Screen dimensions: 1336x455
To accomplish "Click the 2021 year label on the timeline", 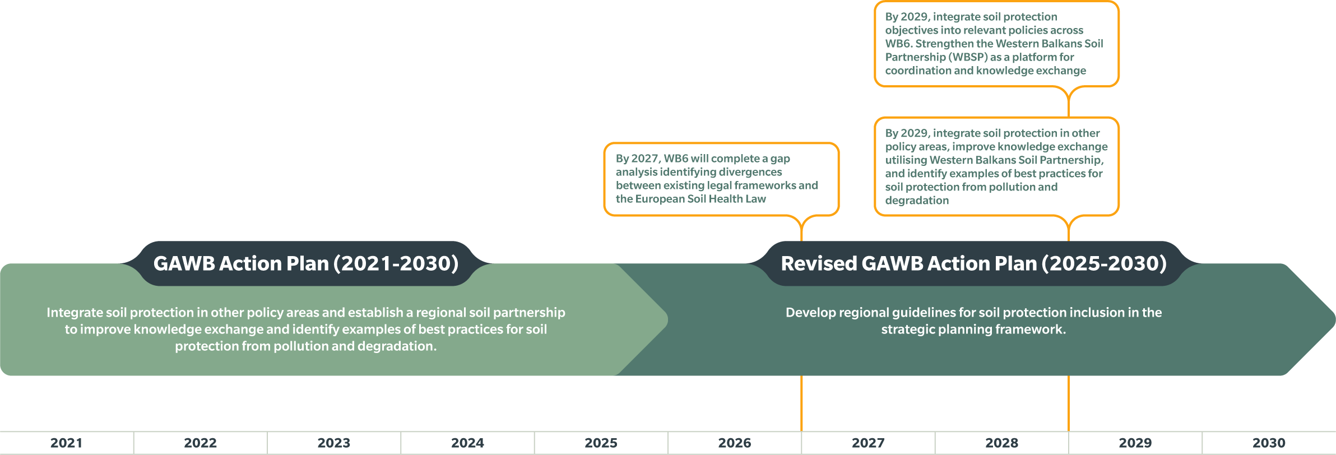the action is coord(66,443).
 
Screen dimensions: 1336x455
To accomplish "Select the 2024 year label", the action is coord(467,443).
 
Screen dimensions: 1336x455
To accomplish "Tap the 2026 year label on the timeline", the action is coord(735,443).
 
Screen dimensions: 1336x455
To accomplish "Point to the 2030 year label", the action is coord(1269,443).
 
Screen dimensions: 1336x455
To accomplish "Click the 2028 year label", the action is coord(1002,443).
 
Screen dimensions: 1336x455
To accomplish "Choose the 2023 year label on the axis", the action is coord(334,443).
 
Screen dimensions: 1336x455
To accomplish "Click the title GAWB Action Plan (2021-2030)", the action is coord(306,263).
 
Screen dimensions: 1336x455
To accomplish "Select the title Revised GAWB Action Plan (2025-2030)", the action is coord(974,263).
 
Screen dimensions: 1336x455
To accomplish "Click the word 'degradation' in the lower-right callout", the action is coord(917,201).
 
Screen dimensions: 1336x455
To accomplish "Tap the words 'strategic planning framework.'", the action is coord(974,329).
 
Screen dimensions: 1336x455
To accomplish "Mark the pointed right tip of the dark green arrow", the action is coord(1335,319).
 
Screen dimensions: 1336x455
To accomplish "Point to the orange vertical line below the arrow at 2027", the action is coord(801,403).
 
